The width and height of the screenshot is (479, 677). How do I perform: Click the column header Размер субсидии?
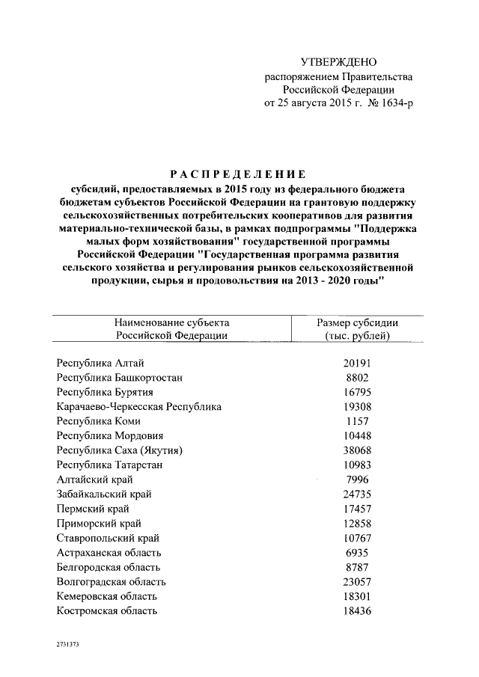tap(357, 322)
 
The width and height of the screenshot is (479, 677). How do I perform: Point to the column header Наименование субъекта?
tap(172, 322)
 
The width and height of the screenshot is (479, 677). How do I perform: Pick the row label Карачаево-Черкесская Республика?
tap(138, 407)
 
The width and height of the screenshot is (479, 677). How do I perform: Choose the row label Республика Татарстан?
tap(109, 465)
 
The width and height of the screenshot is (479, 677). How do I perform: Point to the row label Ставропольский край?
tap(108, 538)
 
